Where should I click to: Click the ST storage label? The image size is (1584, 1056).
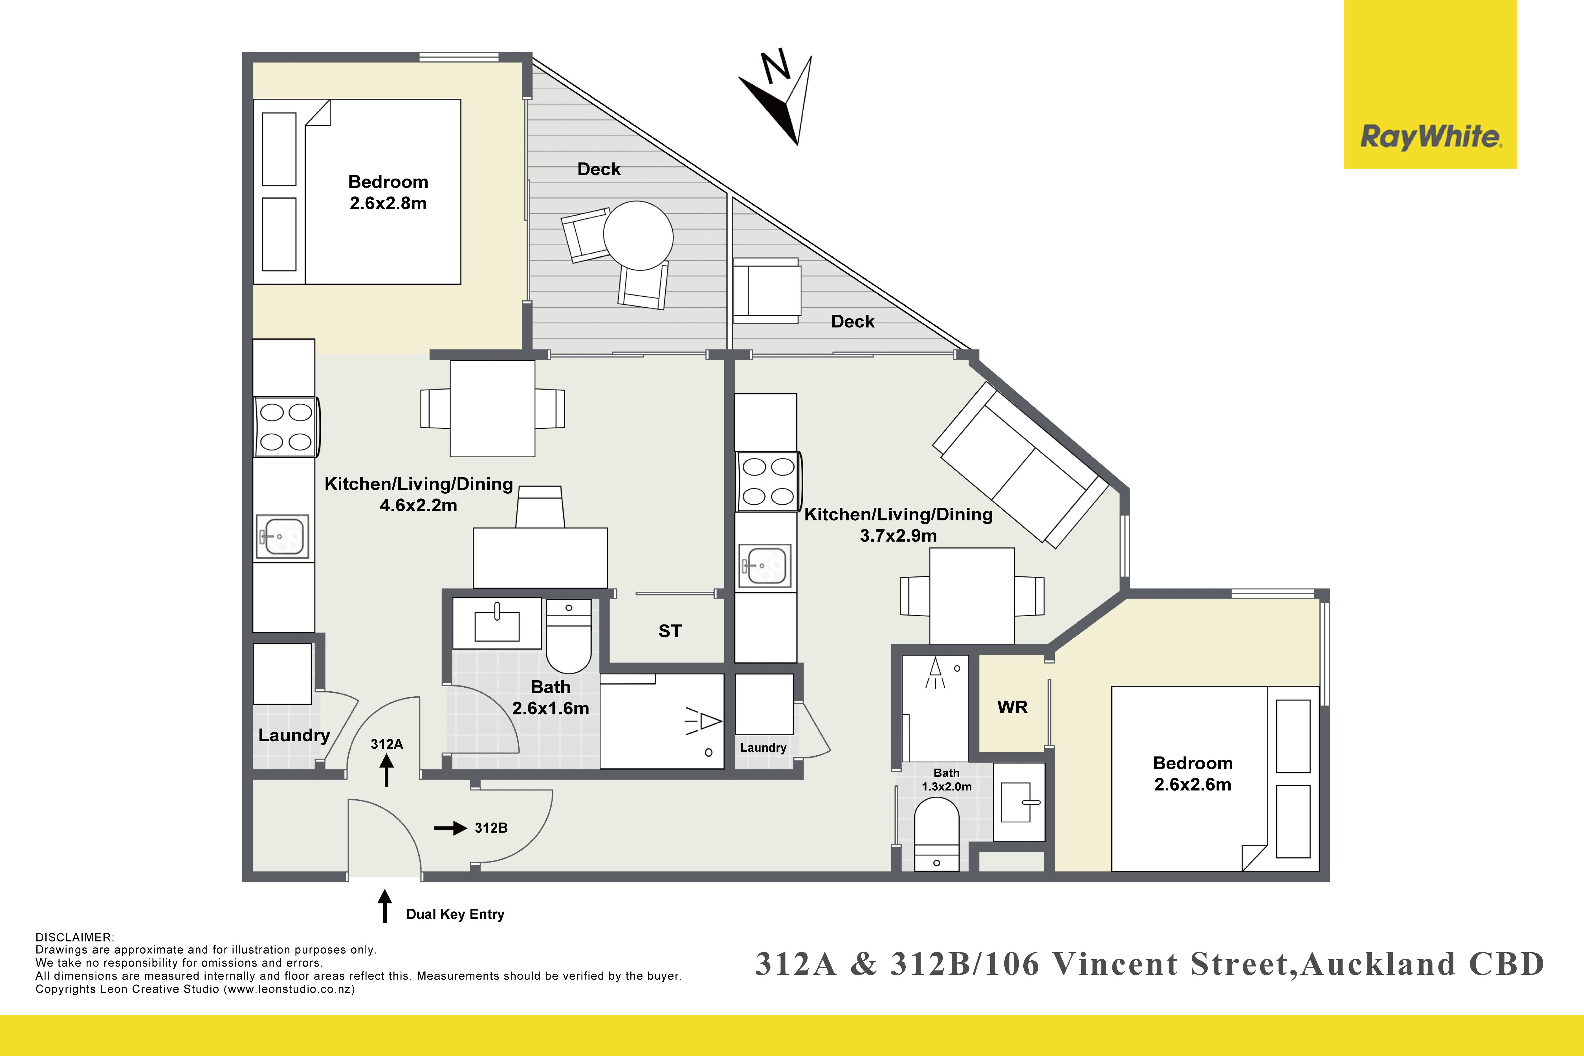670,631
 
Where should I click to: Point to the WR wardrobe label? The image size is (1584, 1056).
1012,707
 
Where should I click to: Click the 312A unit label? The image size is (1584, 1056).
387,744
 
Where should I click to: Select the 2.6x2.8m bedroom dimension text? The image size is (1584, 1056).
388,203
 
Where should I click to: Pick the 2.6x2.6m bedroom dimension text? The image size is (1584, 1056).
1193,785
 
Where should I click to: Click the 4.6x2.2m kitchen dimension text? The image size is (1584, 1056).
418,505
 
